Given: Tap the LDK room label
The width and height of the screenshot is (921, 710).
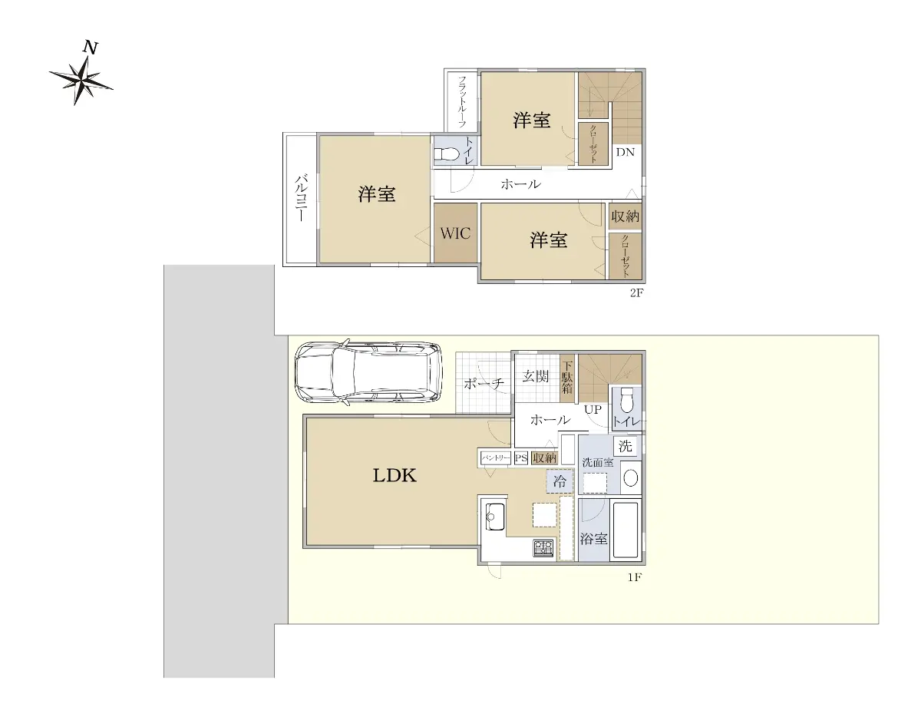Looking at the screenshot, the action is [394, 476].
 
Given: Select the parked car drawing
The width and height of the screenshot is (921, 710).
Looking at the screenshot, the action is [368, 372].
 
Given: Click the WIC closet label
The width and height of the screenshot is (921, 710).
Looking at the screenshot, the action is [455, 233].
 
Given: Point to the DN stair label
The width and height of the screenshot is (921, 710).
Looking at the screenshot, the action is [626, 152].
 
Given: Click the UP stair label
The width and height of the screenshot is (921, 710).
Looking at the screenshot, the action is [593, 409].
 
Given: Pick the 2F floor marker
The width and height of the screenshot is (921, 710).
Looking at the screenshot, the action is [636, 292].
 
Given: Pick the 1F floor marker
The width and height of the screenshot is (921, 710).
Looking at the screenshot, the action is [635, 577].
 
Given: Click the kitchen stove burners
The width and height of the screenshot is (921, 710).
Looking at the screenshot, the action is [543, 547].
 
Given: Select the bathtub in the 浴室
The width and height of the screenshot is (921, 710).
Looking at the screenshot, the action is [626, 530].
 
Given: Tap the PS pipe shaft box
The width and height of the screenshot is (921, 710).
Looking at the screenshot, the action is [521, 458].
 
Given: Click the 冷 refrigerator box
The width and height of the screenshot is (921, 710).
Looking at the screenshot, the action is [560, 481].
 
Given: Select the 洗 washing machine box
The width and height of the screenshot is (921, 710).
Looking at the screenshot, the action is [626, 446].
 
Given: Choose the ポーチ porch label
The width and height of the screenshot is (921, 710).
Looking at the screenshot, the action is [484, 384].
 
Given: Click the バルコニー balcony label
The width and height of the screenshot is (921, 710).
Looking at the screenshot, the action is [301, 197].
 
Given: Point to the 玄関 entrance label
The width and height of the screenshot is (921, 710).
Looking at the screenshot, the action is [535, 376].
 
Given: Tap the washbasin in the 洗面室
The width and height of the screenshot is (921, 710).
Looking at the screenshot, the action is [631, 478].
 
